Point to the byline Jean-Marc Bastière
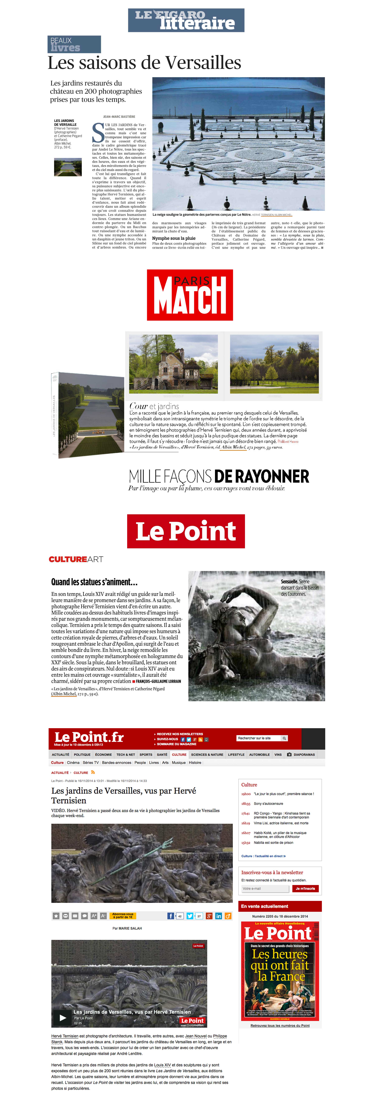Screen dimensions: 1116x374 pos(119,117)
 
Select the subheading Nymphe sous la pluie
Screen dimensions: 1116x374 pos(174,238)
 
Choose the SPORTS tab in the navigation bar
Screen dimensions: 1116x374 pos(146,754)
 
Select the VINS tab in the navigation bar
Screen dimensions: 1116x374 pos(278,754)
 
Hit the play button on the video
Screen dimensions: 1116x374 pos(63,1018)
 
